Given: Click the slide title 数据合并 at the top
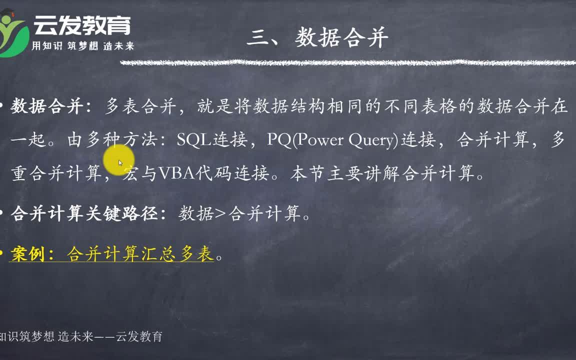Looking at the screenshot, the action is (x=342, y=37).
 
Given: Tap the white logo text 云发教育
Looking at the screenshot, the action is (x=82, y=25).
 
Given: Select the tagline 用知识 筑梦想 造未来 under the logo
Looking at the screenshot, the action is (x=82, y=46).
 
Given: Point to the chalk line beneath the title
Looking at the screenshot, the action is (x=348, y=63).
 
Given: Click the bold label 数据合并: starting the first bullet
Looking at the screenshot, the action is (x=51, y=106).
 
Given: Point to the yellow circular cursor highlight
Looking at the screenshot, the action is (x=118, y=160).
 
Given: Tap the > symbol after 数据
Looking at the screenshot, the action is (x=220, y=213).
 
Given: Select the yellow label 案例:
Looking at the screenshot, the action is (x=32, y=254).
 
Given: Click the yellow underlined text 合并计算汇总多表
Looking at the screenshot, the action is (x=140, y=254).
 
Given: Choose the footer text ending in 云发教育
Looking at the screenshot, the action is (x=81, y=336).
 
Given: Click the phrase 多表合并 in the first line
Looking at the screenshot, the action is (x=140, y=106).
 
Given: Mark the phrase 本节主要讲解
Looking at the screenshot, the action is (x=344, y=173).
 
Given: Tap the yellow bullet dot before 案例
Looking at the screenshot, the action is (x=1, y=253).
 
